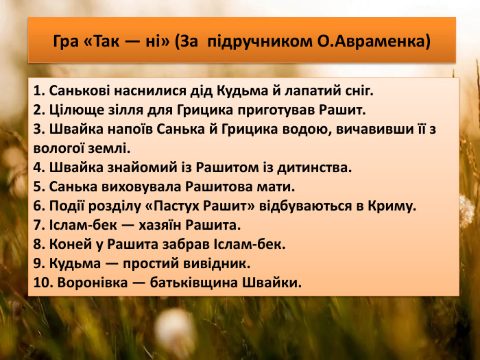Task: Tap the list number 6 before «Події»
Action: tap(37, 205)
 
